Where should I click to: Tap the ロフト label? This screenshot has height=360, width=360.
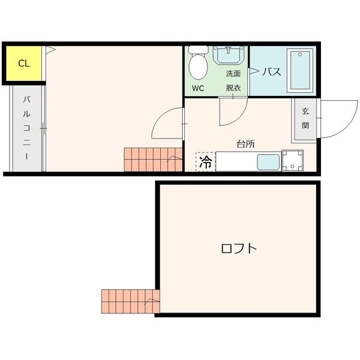pyautogui.click(x=239, y=248)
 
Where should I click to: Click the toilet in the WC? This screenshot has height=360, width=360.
pyautogui.click(x=197, y=63)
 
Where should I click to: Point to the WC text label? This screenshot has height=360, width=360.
pyautogui.click(x=198, y=88)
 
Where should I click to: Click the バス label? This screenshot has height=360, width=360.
pyautogui.click(x=272, y=72)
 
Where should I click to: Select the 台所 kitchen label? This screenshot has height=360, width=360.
pyautogui.click(x=245, y=143)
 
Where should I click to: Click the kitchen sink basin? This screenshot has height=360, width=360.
pyautogui.click(x=268, y=162)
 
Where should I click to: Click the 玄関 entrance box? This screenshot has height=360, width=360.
pyautogui.click(x=305, y=119)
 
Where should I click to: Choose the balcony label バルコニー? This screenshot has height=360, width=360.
pyautogui.click(x=26, y=127)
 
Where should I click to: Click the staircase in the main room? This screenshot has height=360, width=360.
pyautogui.click(x=152, y=159)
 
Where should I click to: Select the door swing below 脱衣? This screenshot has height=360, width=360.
pyautogui.click(x=233, y=111)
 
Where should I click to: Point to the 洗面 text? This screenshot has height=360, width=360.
pyautogui.click(x=233, y=74)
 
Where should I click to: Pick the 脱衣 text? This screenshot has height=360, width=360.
pyautogui.click(x=233, y=88)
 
